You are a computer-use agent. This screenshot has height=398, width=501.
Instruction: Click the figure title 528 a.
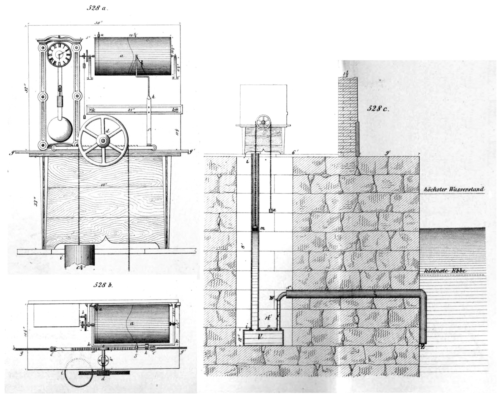[97, 8]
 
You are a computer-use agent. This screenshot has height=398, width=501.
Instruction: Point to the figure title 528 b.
[103, 285]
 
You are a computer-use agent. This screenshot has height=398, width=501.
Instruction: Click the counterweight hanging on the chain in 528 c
[271, 210]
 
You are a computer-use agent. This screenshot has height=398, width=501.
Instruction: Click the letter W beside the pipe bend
[272, 298]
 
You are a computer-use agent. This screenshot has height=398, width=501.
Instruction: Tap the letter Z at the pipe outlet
[422, 347]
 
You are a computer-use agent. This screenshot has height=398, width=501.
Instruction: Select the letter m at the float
[262, 229]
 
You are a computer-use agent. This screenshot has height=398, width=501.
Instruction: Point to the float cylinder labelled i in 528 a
[79, 256]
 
